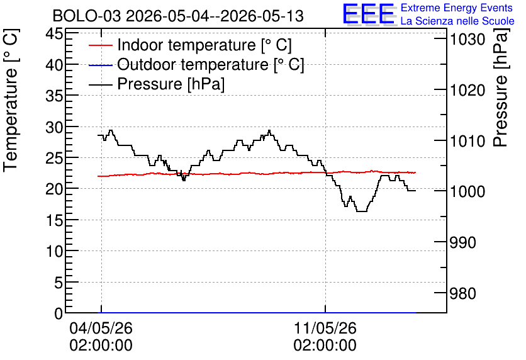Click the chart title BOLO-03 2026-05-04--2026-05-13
coord(178,16)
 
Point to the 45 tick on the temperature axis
coord(54,33)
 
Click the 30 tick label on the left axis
coord(54,127)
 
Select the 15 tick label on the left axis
coord(54,220)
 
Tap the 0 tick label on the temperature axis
coord(59,313)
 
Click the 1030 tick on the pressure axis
coord(467,40)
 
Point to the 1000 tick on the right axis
coord(467,191)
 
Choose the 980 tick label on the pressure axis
coord(463,293)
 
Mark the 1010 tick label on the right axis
coord(467,141)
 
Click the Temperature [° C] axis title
coord(11,100)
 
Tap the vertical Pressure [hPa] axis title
coord(500,87)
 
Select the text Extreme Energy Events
coord(457,8)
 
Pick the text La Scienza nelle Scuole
coord(457,21)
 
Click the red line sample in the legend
coord(100,45)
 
